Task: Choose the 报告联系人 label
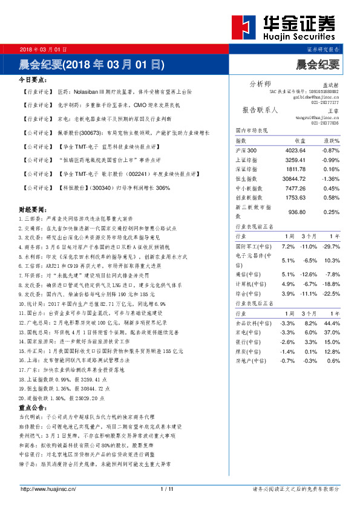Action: pyautogui.click(x=260, y=111)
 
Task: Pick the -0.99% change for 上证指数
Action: pyautogui.click(x=331, y=160)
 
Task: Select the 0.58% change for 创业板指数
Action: pyautogui.click(x=332, y=197)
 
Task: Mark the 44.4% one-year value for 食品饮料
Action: pyautogui.click(x=332, y=323)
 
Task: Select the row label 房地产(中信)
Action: pyautogui.click(x=250, y=361)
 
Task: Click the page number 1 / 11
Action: pyautogui.click(x=168, y=489)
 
